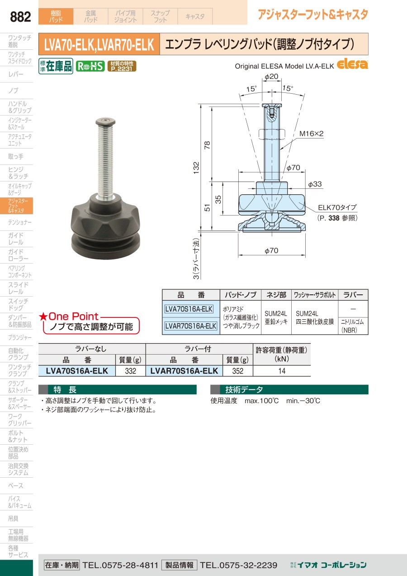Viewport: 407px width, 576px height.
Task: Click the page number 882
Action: coord(20,17)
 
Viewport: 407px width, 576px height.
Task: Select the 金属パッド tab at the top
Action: coord(90,16)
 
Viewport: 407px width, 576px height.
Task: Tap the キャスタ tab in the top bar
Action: coord(195,16)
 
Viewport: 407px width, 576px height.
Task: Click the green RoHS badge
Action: coord(90,67)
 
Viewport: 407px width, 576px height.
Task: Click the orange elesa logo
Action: coord(352,64)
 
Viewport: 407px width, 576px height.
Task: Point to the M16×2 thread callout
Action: coord(311,134)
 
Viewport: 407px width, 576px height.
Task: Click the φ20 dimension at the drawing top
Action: coord(271,77)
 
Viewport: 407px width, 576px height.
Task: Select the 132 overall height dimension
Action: coord(196,168)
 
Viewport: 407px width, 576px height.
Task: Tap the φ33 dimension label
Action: coord(315,184)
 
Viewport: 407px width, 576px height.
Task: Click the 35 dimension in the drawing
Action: coord(218,200)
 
